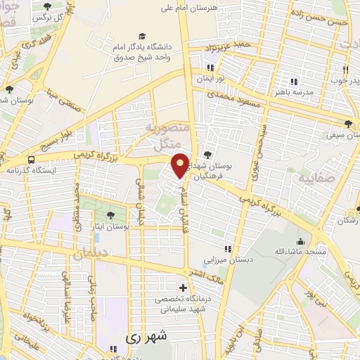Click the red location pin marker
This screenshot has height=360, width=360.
(181, 165)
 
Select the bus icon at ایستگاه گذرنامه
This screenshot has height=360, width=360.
(31, 159)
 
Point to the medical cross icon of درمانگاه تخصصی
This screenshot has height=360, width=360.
(184, 288)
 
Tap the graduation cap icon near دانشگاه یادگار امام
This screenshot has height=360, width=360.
(143, 36)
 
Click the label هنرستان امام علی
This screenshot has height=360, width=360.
(209, 8)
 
